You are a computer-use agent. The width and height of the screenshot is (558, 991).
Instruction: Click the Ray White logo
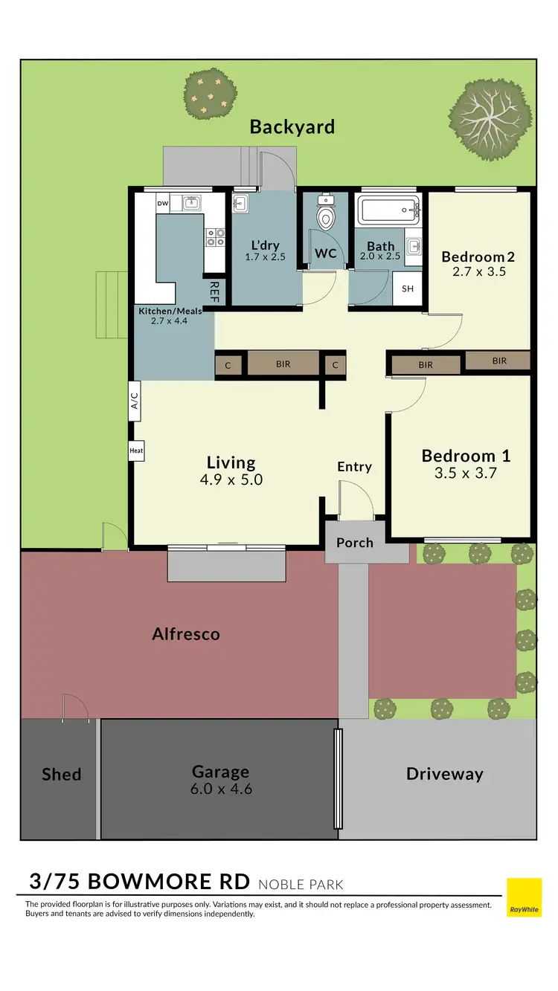pyautogui.click(x=525, y=897)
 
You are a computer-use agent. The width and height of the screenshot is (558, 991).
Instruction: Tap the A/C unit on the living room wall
pyautogui.click(x=135, y=402)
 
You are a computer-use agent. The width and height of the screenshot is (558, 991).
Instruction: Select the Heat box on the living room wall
pyautogui.click(x=136, y=450)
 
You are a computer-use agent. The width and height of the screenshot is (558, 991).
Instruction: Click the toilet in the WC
pyautogui.click(x=326, y=215)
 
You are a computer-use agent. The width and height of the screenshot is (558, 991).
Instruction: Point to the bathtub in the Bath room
pyautogui.click(x=388, y=210)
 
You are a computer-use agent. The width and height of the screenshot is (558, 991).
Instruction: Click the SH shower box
pyautogui.click(x=408, y=289)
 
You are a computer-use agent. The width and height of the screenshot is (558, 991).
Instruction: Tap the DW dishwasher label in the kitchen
pyautogui.click(x=163, y=202)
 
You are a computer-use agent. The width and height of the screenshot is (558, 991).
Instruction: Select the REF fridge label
pyautogui.click(x=214, y=291)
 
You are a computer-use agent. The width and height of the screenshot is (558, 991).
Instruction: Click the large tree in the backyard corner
pyautogui.click(x=490, y=120)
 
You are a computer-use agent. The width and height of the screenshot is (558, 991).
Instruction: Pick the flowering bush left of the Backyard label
pyautogui.click(x=211, y=94)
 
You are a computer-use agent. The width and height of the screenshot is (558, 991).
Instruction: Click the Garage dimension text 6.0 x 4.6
pyautogui.click(x=221, y=789)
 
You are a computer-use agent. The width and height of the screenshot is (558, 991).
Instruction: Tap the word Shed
pyautogui.click(x=61, y=774)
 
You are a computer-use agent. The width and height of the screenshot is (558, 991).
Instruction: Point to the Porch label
pyautogui.click(x=355, y=542)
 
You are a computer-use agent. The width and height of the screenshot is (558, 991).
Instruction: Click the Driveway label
pyautogui.click(x=444, y=774)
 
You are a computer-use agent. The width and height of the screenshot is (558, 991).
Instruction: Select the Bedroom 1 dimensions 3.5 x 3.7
pyautogui.click(x=465, y=472)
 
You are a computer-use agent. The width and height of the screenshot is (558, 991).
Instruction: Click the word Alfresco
pyautogui.click(x=186, y=633)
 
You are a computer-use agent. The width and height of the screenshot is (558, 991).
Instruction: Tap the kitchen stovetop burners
pyautogui.click(x=215, y=237)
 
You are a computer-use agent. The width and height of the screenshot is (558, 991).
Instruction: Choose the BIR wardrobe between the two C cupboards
pyautogui.click(x=283, y=364)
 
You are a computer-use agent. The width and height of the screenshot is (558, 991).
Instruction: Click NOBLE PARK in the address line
pyautogui.click(x=301, y=884)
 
